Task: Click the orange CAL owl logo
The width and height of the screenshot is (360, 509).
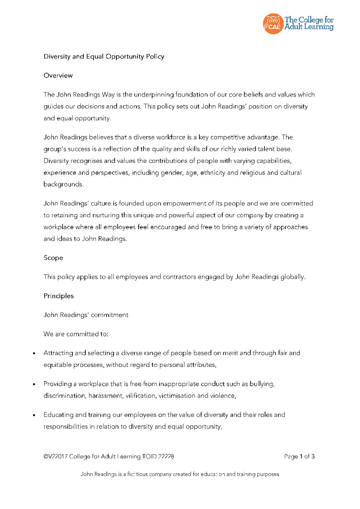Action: (273, 24)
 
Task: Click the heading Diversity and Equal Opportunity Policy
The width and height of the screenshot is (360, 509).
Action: (104, 56)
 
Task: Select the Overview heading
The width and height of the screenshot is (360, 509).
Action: (58, 75)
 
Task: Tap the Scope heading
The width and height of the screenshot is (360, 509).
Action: (53, 258)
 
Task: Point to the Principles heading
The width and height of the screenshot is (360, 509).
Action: (59, 296)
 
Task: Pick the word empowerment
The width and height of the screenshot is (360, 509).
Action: (184, 203)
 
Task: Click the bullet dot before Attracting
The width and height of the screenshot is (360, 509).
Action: (34, 354)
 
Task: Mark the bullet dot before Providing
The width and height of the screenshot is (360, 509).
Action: (34, 385)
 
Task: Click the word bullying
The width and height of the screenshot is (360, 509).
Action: (262, 384)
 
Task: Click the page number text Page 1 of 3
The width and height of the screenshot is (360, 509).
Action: (299, 457)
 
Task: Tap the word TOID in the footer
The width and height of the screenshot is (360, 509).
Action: (150, 457)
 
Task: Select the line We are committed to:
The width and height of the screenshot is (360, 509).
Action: (76, 334)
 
